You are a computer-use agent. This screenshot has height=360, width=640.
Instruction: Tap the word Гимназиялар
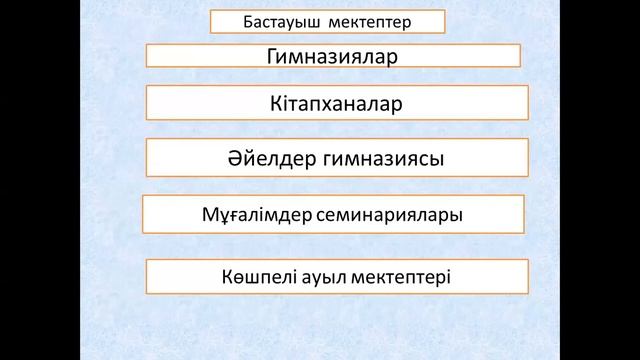(x=332, y=57)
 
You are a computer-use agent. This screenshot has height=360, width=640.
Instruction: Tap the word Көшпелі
(x=256, y=273)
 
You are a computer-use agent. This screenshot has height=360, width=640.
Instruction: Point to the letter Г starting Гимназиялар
(x=271, y=57)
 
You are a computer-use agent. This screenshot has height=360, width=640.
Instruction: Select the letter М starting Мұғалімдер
(x=210, y=214)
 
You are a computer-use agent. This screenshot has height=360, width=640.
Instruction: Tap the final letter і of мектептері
(x=447, y=273)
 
